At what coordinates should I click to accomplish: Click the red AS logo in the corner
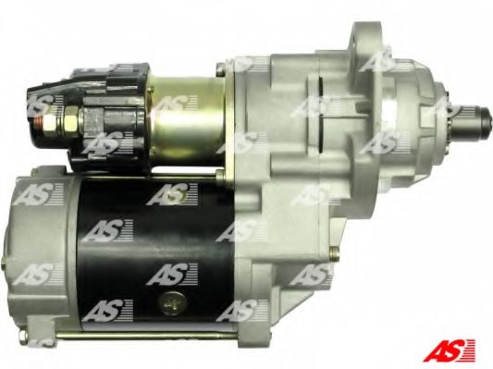point(450,350)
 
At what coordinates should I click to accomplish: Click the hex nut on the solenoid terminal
point(67,121)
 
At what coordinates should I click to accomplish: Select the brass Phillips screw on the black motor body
point(173,303)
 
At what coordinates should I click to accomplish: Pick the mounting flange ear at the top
point(365,39)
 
